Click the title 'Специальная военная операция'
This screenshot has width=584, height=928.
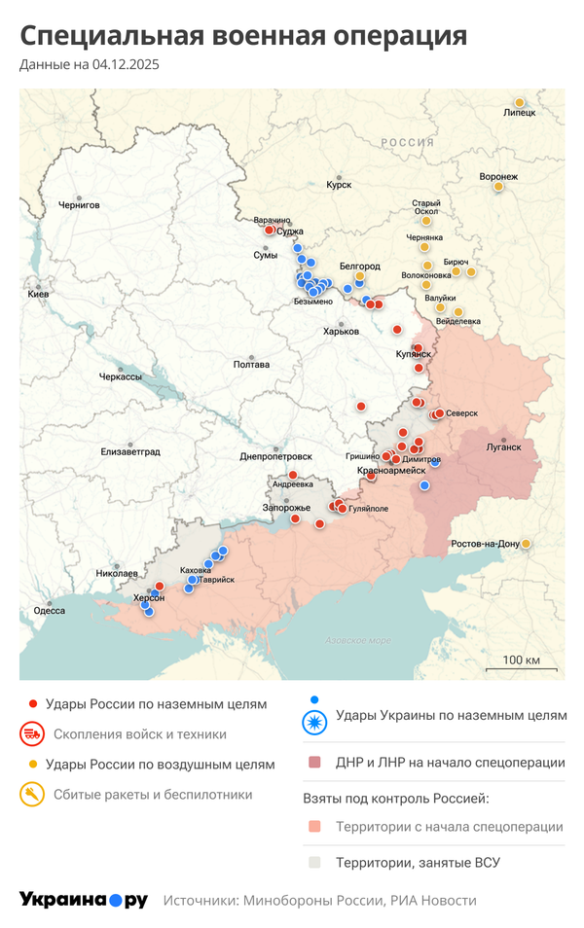pyautogui.click(x=243, y=36)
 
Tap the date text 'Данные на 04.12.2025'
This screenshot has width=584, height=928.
pyautogui.click(x=90, y=65)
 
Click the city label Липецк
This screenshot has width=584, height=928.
pyautogui.click(x=520, y=113)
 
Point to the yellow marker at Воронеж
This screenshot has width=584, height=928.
pyautogui.click(x=498, y=186)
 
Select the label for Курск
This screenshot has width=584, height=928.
pyautogui.click(x=339, y=184)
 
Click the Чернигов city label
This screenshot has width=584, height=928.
pyautogui.click(x=79, y=205)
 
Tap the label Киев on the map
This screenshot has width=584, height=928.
pyautogui.click(x=39, y=294)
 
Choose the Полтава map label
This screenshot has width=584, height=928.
pyautogui.click(x=251, y=365)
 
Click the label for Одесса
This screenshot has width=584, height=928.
pyautogui.click(x=49, y=611)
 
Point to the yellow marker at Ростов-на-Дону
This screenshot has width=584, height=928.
pyautogui.click(x=527, y=543)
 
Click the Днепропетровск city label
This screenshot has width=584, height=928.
pyautogui.click(x=276, y=456)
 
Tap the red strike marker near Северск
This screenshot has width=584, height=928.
pyautogui.click(x=439, y=413)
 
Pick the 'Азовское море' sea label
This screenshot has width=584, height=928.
pyautogui.click(x=357, y=640)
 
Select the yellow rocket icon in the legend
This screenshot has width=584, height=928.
pyautogui.click(x=33, y=795)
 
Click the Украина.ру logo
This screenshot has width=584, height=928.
pyautogui.click(x=83, y=901)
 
